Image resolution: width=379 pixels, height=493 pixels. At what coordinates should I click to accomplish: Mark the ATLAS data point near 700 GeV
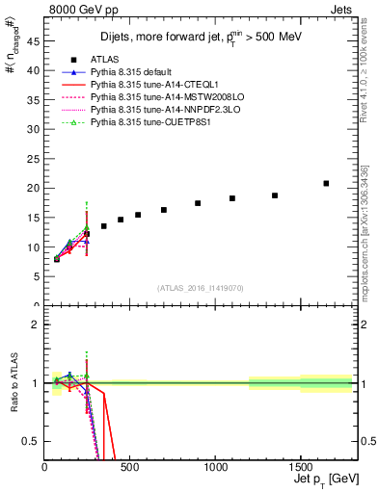(164, 210)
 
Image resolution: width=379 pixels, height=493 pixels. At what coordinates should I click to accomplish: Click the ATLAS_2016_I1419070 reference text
(201, 288)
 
